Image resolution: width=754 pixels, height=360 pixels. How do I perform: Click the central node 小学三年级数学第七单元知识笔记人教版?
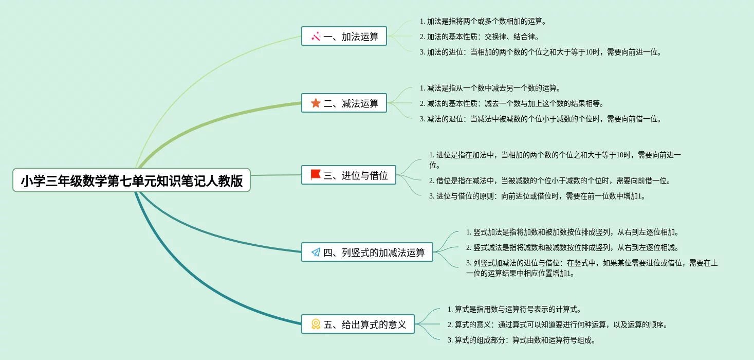132,181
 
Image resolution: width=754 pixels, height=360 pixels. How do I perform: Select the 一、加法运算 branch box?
344,37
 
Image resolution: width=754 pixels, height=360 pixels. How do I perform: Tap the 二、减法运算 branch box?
344,103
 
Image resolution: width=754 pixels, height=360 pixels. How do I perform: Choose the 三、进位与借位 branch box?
349,175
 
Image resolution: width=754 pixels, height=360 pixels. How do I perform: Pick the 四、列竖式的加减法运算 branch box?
367,253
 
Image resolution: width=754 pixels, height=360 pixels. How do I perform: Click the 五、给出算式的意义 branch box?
358,325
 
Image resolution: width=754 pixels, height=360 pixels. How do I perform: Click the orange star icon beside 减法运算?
316,103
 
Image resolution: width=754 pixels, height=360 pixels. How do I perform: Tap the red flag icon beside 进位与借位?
316,175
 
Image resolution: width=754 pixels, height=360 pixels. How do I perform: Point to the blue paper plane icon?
316,253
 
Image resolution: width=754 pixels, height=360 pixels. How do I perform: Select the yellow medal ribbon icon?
316,325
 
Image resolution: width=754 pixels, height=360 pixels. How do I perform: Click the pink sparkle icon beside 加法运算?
316,37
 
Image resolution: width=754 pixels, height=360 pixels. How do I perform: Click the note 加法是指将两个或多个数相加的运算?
483,22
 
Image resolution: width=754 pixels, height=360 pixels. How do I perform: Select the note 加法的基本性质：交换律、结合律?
479,37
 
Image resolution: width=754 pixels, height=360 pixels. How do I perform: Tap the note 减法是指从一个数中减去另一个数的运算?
490,88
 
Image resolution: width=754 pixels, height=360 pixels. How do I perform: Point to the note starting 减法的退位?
540,119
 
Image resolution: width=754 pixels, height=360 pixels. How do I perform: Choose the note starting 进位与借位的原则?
537,196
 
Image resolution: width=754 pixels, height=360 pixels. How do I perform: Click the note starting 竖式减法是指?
572,248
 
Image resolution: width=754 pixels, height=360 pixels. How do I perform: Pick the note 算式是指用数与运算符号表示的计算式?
514,310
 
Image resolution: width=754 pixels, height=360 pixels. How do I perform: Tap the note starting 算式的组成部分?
521,340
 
